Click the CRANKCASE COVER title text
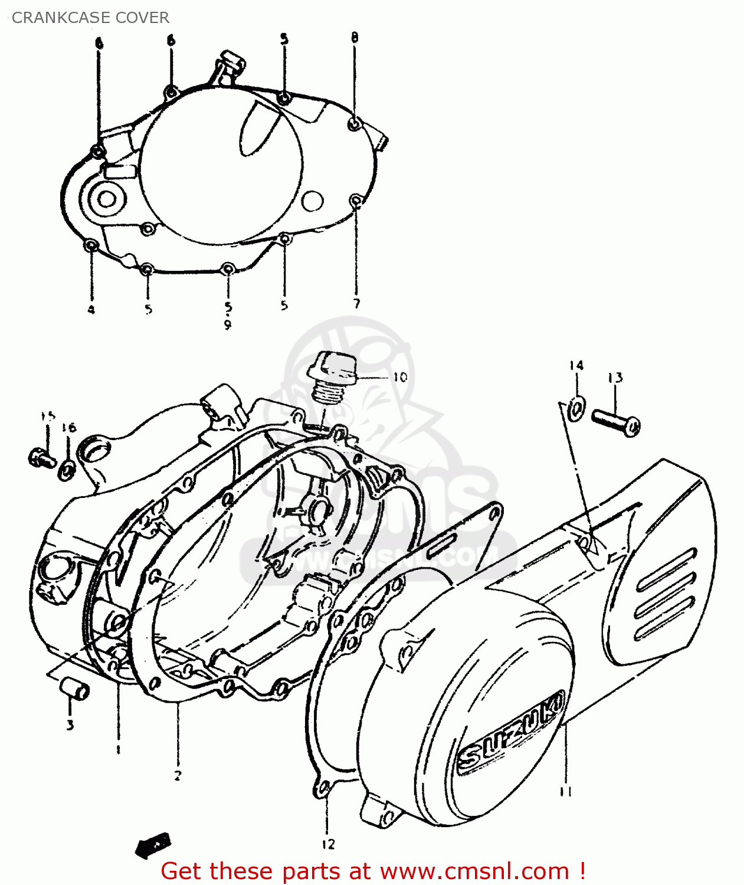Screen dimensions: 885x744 coord(90,18)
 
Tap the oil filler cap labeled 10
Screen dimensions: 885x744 coord(332,376)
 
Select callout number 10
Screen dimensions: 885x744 coord(399,377)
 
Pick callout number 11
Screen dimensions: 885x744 coord(565,792)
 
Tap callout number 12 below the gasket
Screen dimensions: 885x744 coord(328,844)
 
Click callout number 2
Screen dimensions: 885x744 coord(178,775)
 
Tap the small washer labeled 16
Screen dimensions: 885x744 coord(67,470)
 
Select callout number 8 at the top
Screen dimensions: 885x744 coord(354,38)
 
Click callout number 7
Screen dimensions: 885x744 coord(356,304)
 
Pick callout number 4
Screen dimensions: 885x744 coord(91,309)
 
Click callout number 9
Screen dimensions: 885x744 coord(228,324)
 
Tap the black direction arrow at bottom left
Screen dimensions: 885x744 coord(152,846)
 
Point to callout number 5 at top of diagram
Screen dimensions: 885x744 coord(284,40)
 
